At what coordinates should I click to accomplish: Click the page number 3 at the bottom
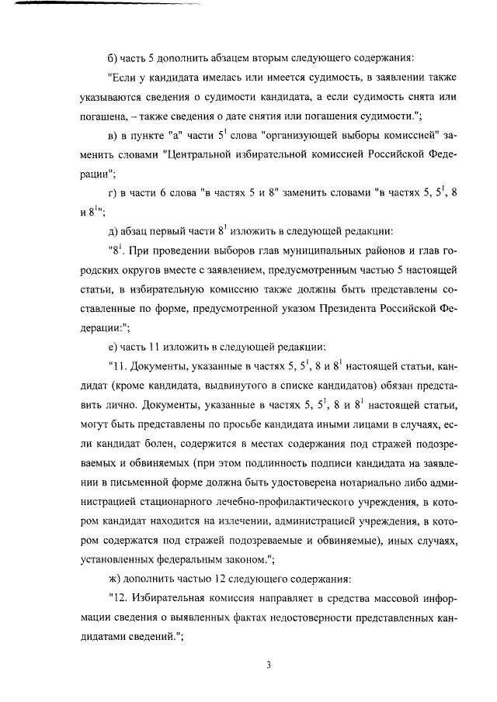click(267, 665)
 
